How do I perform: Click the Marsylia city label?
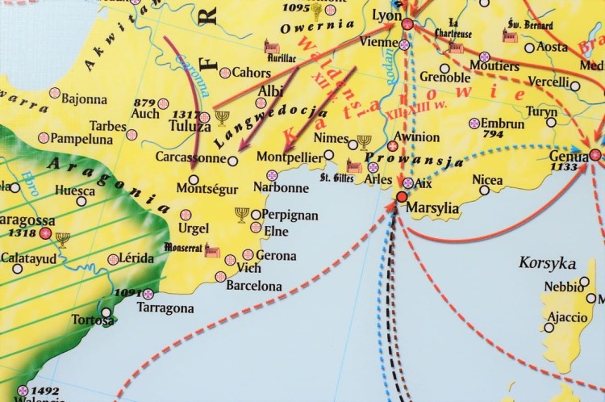coord(433,207)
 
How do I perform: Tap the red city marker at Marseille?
coord(401,197)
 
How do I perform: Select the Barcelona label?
coord(254,286)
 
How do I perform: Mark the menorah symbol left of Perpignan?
coord(241,214)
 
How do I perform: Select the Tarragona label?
coord(165,308)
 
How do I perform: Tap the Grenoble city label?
coord(444,77)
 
